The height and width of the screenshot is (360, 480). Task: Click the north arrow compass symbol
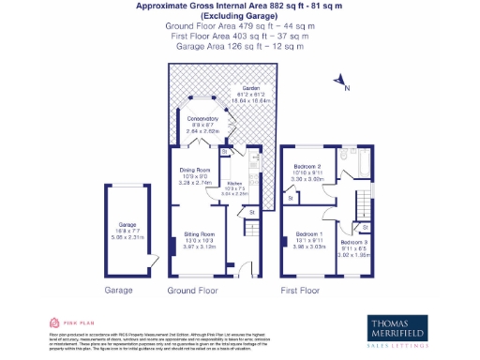pos(343,88)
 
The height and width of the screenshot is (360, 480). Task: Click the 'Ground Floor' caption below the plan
pos(192,292)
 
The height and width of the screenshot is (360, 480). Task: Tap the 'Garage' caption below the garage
pos(120,292)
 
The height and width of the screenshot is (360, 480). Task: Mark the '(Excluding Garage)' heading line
pos(239,17)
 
